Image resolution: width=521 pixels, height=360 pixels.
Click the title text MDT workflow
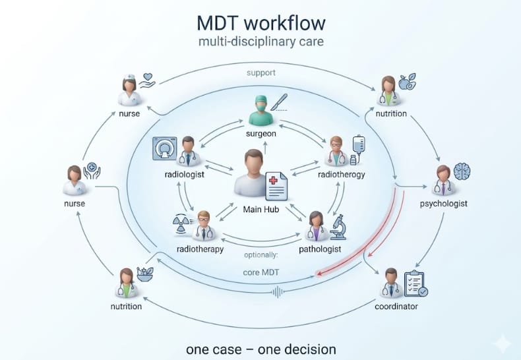[x=261, y=23]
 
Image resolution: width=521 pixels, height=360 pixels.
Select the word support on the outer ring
[x=261, y=72]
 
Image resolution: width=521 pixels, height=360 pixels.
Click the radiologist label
[x=183, y=175]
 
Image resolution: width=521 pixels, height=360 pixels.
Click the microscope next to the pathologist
[x=339, y=227]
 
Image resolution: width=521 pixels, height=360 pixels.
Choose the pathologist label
[x=319, y=249]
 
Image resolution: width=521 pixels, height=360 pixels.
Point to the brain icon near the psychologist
[x=462, y=171]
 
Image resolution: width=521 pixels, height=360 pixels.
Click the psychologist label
[x=443, y=204]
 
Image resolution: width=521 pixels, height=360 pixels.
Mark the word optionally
[x=261, y=254]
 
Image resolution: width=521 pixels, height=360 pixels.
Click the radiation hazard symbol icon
[x=181, y=223]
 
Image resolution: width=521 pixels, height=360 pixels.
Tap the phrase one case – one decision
[x=260, y=349]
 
